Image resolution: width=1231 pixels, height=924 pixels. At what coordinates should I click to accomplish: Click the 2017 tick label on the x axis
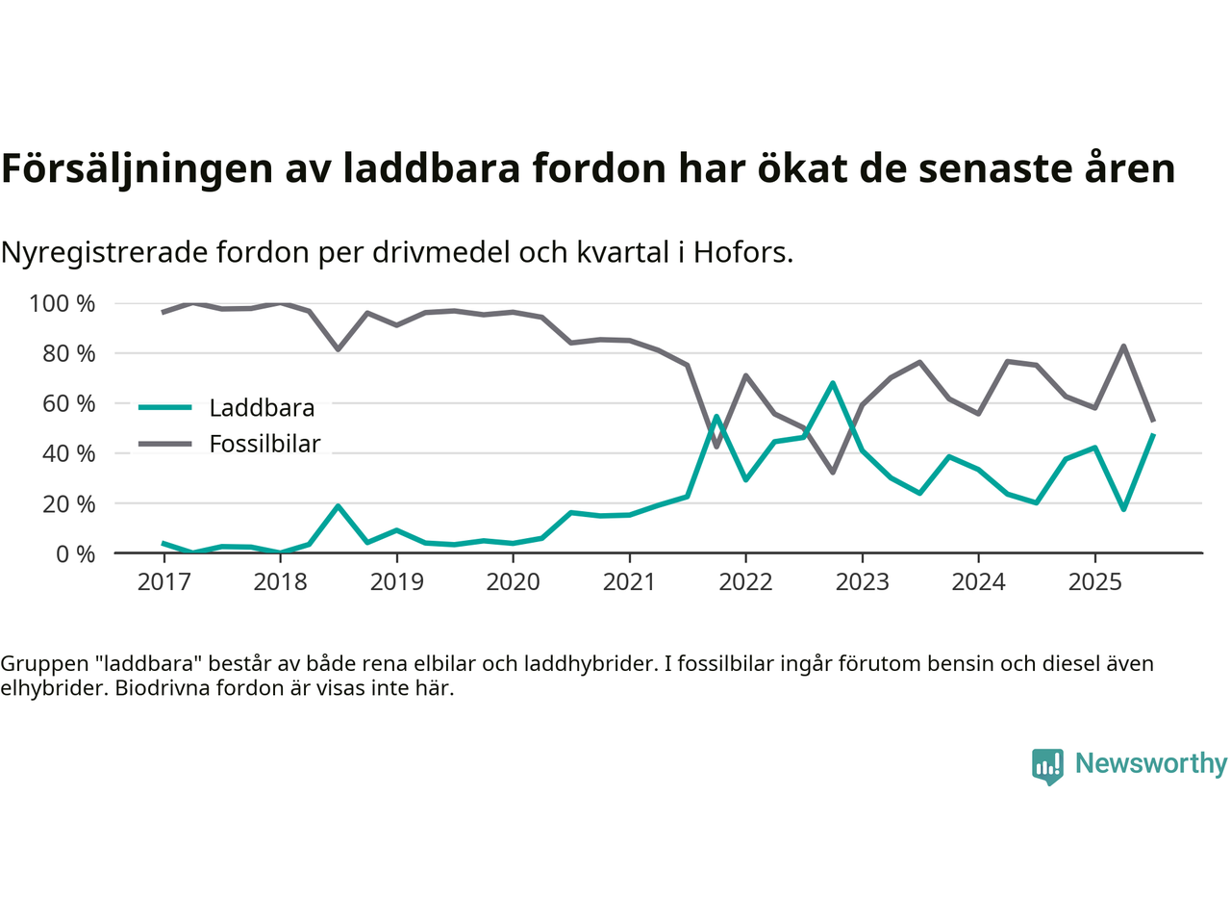click(x=163, y=582)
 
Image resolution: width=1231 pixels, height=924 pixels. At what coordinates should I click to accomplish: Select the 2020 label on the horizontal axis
click(x=513, y=582)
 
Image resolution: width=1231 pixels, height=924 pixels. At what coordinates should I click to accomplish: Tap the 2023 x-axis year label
click(x=862, y=582)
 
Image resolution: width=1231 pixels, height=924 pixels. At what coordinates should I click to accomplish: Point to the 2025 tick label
click(x=1094, y=582)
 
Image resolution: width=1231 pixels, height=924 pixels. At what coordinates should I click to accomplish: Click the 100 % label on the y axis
click(x=63, y=304)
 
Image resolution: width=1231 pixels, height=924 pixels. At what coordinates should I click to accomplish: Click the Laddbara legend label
click(x=262, y=408)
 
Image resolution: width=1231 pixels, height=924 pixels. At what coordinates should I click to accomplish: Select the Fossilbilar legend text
click(x=264, y=444)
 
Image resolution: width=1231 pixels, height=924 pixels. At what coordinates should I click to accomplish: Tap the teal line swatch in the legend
click(x=165, y=408)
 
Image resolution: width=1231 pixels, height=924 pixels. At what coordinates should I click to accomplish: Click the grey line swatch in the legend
click(x=165, y=444)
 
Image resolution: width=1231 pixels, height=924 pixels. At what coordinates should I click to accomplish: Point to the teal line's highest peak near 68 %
click(x=833, y=383)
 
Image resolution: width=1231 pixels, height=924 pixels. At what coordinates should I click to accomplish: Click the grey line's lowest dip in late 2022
click(x=833, y=472)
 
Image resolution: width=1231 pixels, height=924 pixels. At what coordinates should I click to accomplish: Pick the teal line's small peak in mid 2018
click(x=338, y=506)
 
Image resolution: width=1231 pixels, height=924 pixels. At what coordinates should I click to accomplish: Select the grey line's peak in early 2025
click(x=1123, y=346)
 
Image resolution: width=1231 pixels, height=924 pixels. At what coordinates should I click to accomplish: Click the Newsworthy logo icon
click(x=1047, y=766)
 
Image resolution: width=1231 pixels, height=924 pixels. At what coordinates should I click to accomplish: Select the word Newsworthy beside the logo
click(x=1151, y=763)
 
